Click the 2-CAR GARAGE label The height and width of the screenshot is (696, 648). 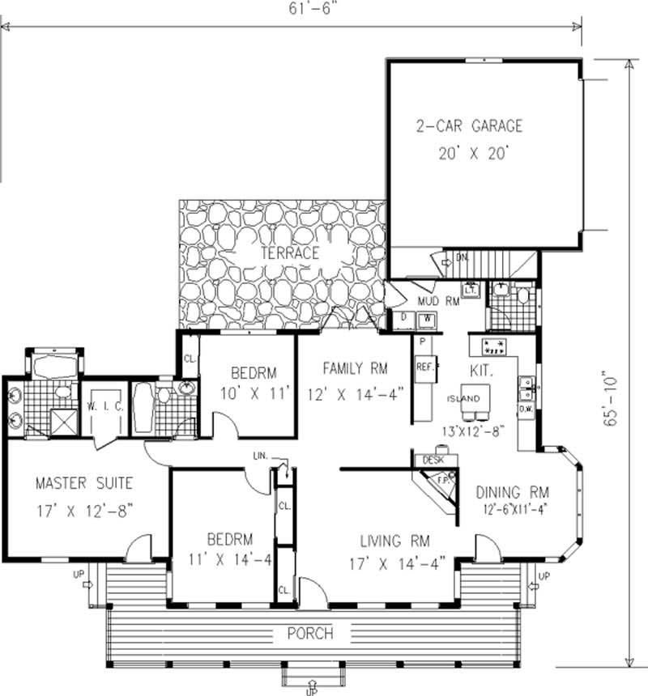(x=469, y=126)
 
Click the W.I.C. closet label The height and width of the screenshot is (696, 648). (x=107, y=407)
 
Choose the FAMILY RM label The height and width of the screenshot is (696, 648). (x=355, y=369)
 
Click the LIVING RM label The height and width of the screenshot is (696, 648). (x=395, y=541)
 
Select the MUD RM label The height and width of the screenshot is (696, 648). (x=438, y=302)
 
